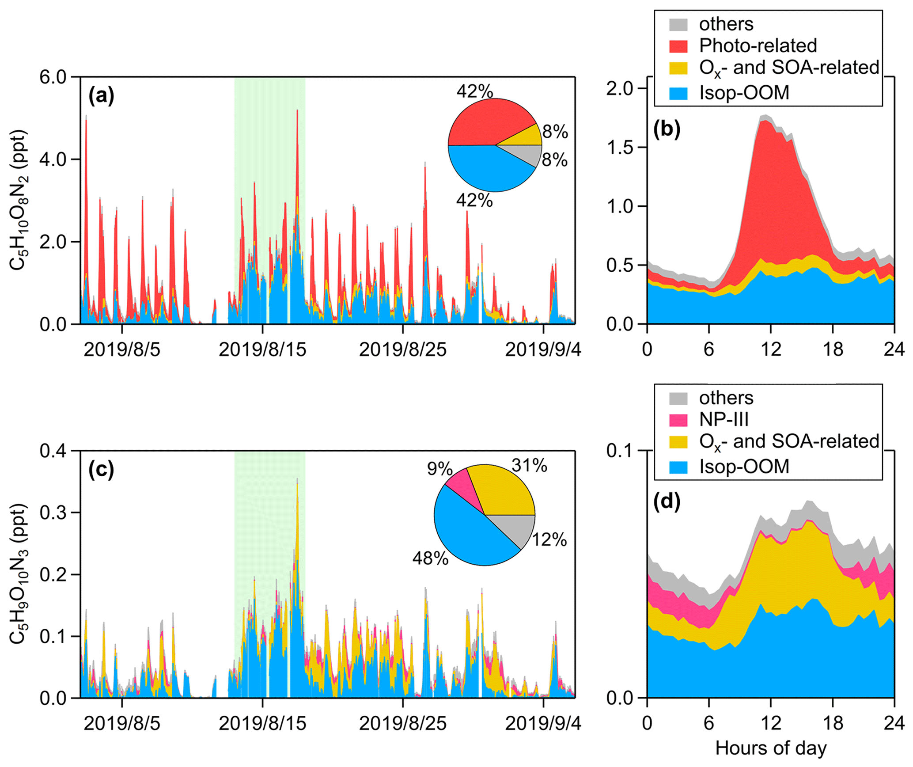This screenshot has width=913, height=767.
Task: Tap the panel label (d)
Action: point(667,501)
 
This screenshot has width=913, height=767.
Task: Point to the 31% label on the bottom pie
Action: point(529,465)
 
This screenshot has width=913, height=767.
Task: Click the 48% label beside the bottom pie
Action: point(430,558)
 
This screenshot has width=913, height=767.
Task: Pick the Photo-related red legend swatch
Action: point(678,46)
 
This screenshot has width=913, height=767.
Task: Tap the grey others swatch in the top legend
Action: point(678,25)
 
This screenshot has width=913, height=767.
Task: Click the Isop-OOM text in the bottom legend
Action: point(744,467)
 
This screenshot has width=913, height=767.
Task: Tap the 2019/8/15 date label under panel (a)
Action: point(262,349)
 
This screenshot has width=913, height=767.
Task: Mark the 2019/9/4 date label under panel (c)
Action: point(543,724)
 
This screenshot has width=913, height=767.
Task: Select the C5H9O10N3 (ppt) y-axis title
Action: point(19,574)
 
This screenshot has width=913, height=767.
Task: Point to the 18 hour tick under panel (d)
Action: point(832,724)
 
